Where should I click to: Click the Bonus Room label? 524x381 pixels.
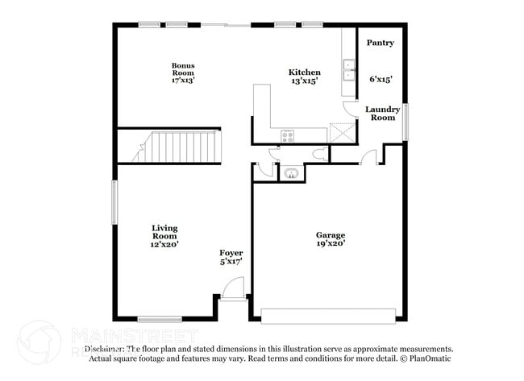pyautogui.click(x=182, y=70)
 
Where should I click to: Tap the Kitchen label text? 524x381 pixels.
pyautogui.click(x=305, y=72)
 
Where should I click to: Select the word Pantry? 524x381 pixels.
pyautogui.click(x=381, y=43)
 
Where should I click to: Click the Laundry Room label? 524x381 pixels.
pyautogui.click(x=382, y=114)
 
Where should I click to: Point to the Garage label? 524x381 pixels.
pyautogui.click(x=331, y=234)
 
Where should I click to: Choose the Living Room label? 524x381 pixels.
pyautogui.click(x=164, y=234)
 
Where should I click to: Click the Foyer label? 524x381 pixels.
pyautogui.click(x=231, y=254)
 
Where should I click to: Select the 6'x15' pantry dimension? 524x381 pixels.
pyautogui.click(x=381, y=79)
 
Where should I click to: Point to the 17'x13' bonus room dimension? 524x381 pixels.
pyautogui.click(x=182, y=80)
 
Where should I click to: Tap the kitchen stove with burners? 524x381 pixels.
pyautogui.click(x=288, y=135)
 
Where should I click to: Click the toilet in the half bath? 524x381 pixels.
pyautogui.click(x=318, y=154)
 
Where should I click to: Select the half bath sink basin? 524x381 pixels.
pyautogui.click(x=290, y=172)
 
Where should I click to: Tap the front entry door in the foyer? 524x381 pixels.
pyautogui.click(x=232, y=288)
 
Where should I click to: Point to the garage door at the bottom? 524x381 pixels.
pyautogui.click(x=329, y=313)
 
